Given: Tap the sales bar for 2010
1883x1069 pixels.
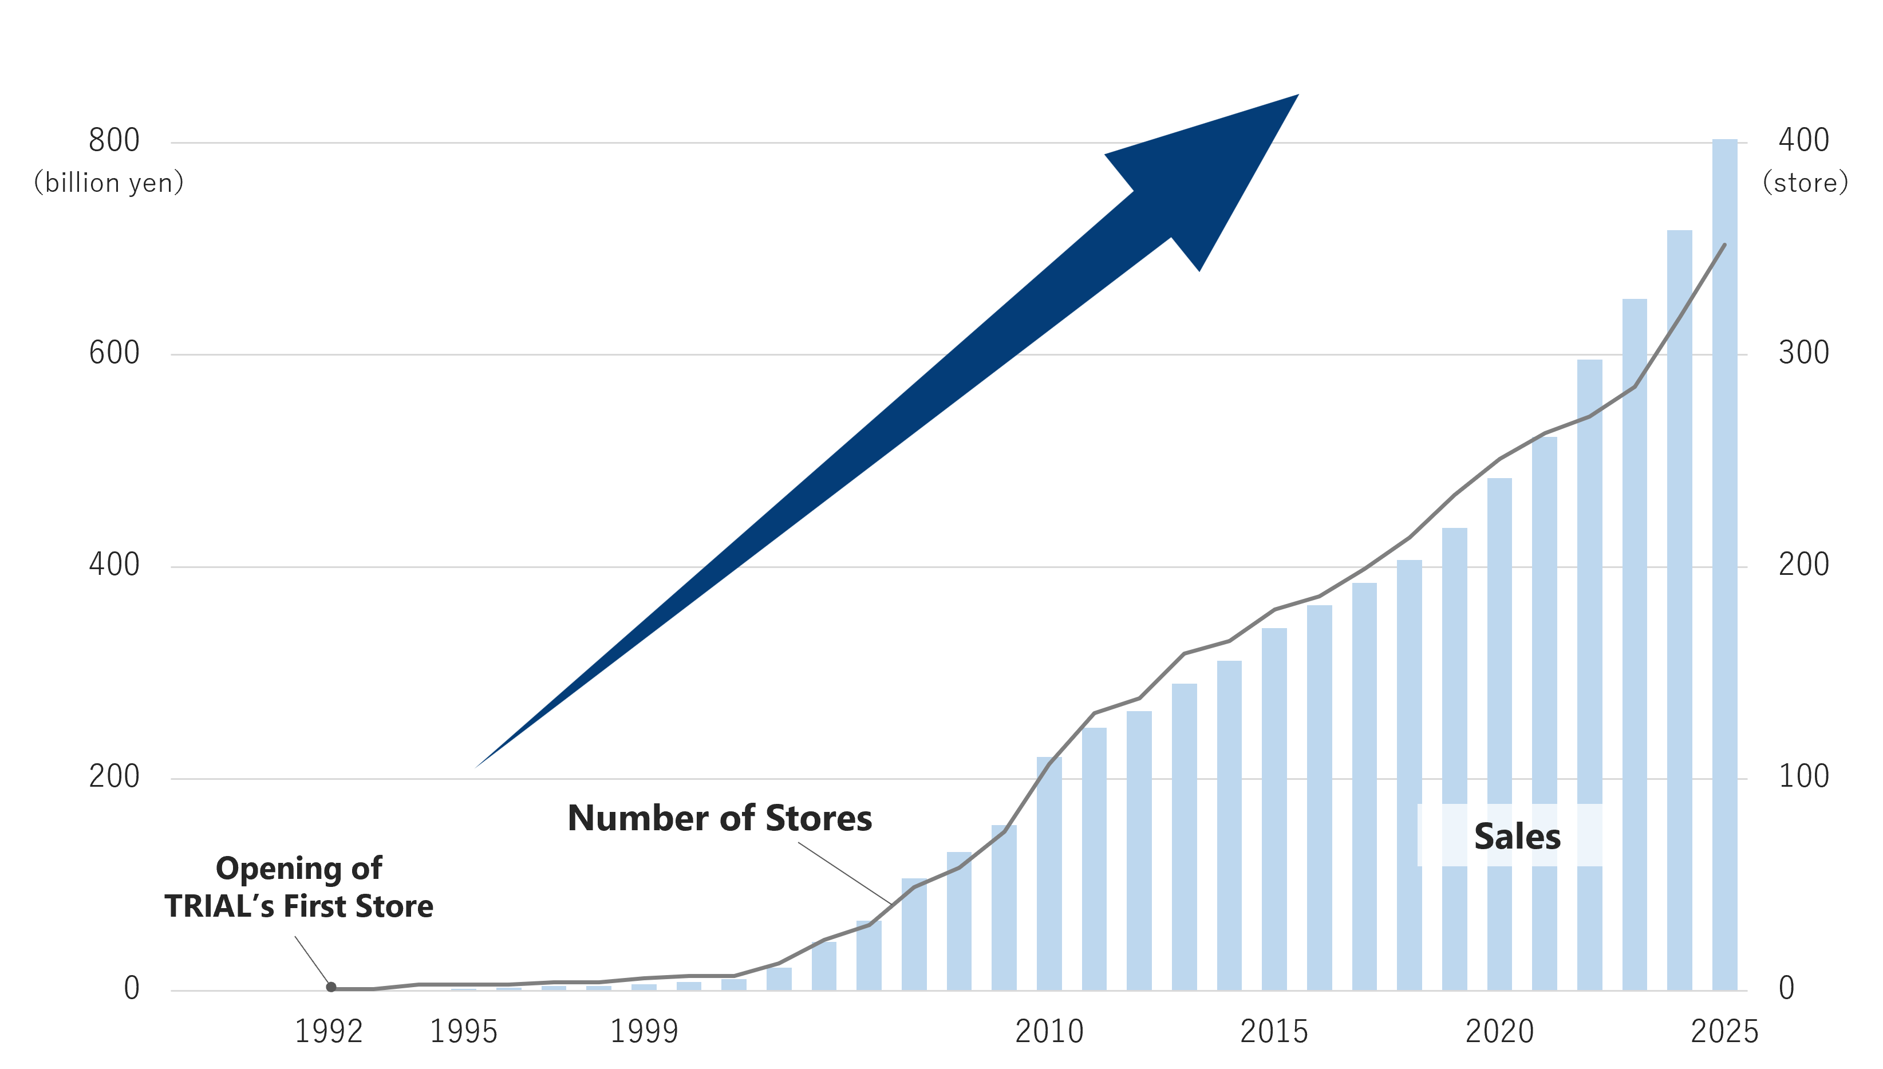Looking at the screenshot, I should click(1049, 874).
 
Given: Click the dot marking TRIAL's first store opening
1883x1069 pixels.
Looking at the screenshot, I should click(331, 987).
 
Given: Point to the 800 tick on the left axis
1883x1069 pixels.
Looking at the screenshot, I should click(114, 140).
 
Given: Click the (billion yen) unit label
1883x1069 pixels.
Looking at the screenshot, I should click(109, 183).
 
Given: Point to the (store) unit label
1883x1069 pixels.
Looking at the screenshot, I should click(1805, 183).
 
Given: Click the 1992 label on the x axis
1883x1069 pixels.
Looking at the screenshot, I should click(328, 1032).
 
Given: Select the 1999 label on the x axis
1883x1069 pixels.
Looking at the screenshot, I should click(644, 1032).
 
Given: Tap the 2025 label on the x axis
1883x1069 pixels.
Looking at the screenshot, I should click(1724, 1032).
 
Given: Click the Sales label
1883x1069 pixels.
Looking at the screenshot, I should click(1517, 837).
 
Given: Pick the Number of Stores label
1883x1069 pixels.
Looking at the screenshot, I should click(720, 818).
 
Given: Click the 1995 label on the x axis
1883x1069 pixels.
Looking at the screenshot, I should click(463, 1032).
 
